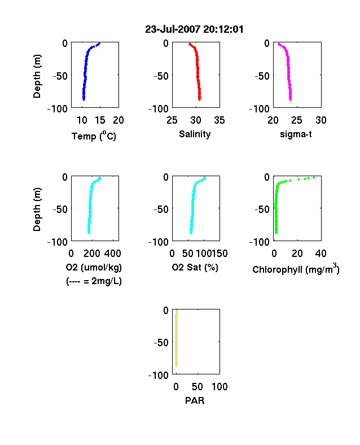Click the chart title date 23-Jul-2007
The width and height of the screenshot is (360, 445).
pyautogui.click(x=173, y=29)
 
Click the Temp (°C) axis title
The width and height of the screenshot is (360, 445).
pyautogui.click(x=94, y=136)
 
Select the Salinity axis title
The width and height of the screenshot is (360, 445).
pyautogui.click(x=195, y=134)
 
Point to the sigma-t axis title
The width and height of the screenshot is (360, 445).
pyautogui.click(x=296, y=134)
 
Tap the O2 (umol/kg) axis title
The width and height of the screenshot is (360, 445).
pyautogui.click(x=94, y=267)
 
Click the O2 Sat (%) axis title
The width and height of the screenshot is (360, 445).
pyautogui.click(x=195, y=267)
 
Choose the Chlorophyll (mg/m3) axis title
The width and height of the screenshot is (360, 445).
pyautogui.click(x=296, y=269)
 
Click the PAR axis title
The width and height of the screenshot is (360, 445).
pyautogui.click(x=195, y=400)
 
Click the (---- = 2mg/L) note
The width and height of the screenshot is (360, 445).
pyautogui.click(x=94, y=281)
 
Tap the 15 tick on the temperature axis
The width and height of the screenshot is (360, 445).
pyautogui.click(x=100, y=120)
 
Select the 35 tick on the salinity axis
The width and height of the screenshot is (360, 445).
pyautogui.click(x=219, y=120)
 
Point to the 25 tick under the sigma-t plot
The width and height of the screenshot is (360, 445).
pyautogui.click(x=297, y=120)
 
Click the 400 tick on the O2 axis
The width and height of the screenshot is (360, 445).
pyautogui.click(x=113, y=254)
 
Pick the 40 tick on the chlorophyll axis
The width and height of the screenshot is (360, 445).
pyautogui.click(x=321, y=254)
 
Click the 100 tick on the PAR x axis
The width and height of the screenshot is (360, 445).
pyautogui.click(x=219, y=387)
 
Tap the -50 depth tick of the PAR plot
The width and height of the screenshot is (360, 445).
pyautogui.click(x=161, y=343)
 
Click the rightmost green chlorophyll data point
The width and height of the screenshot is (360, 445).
pyautogui.click(x=314, y=178)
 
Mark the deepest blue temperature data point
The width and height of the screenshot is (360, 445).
pyautogui.click(x=84, y=99)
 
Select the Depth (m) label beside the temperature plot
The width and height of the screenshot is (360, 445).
pyautogui.click(x=37, y=76)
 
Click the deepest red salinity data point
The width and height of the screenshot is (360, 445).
pyautogui.click(x=200, y=99)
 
